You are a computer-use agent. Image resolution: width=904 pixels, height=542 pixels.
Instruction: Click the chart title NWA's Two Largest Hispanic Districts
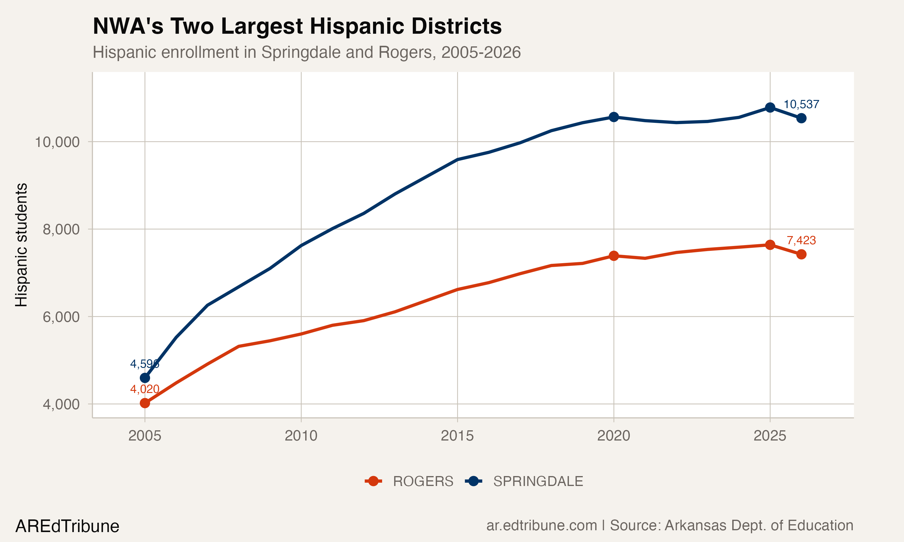297,26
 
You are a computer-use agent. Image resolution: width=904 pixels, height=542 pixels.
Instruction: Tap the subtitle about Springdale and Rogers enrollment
306,52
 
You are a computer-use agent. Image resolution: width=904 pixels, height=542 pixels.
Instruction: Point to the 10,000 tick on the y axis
57,142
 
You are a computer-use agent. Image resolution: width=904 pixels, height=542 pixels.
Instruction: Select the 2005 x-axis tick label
145,436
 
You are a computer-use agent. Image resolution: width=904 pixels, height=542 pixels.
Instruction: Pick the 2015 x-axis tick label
457,436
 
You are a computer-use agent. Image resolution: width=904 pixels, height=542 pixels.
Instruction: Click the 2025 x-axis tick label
770,436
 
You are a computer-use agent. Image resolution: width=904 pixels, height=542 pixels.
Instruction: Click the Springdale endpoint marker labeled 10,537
801,118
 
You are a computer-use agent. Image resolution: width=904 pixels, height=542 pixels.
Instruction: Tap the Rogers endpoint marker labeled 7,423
801,254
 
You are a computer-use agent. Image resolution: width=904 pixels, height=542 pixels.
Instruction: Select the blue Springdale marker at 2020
614,117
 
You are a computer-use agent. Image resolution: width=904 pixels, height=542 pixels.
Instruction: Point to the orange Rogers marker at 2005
145,403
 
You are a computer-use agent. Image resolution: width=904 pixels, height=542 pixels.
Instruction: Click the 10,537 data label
801,104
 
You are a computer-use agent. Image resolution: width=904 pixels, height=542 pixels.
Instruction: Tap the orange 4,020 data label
145,389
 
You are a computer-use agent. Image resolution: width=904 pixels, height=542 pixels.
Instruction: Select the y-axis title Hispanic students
21,245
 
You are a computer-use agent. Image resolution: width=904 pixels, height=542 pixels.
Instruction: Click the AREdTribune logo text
67,526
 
